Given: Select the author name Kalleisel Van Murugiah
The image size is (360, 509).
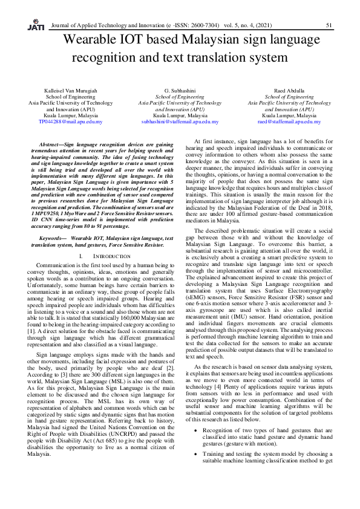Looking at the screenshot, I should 71,90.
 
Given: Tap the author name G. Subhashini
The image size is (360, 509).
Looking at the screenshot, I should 180,90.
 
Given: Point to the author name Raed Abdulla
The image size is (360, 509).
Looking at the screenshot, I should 289,90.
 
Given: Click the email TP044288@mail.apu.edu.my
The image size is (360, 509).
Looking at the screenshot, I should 71,122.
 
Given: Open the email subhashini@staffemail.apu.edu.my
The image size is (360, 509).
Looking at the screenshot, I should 180,122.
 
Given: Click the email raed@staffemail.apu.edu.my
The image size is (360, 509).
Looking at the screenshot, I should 289,122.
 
